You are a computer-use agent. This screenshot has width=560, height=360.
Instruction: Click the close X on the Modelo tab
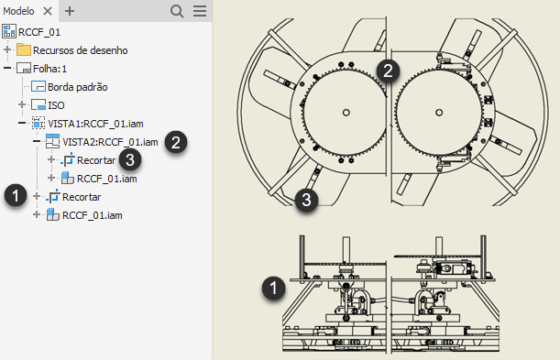(x=48, y=11)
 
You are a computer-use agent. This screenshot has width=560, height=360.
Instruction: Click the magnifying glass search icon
(x=177, y=11)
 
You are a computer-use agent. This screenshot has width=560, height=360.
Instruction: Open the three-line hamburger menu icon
(x=200, y=11)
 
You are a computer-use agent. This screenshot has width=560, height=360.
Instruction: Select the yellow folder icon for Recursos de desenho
(x=24, y=49)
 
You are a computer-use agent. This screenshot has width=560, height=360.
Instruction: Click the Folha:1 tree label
(x=50, y=69)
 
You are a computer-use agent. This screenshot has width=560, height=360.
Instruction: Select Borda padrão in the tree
(x=78, y=87)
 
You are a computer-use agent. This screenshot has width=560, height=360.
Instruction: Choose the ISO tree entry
(x=56, y=105)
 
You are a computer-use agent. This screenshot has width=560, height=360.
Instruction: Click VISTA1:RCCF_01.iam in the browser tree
(x=95, y=124)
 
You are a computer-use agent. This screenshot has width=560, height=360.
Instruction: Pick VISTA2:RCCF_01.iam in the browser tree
(x=110, y=142)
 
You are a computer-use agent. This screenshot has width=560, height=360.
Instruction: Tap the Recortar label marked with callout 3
(x=96, y=160)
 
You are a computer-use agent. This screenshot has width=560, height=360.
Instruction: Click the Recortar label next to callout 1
(x=82, y=197)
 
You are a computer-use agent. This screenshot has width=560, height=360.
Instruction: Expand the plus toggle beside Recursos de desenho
(x=7, y=49)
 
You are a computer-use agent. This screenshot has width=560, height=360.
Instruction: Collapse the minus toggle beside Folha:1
(x=7, y=68)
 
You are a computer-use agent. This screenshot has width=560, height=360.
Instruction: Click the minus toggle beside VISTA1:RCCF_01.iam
(x=22, y=123)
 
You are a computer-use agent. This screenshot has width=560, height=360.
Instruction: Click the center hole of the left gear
(x=346, y=113)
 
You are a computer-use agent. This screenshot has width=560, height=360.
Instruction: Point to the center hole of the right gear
(x=439, y=113)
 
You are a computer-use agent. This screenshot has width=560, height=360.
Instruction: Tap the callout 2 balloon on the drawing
(x=389, y=71)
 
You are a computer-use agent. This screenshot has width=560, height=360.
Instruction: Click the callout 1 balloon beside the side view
(x=273, y=288)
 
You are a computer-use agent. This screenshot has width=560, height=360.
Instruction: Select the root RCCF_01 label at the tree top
(x=39, y=32)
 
